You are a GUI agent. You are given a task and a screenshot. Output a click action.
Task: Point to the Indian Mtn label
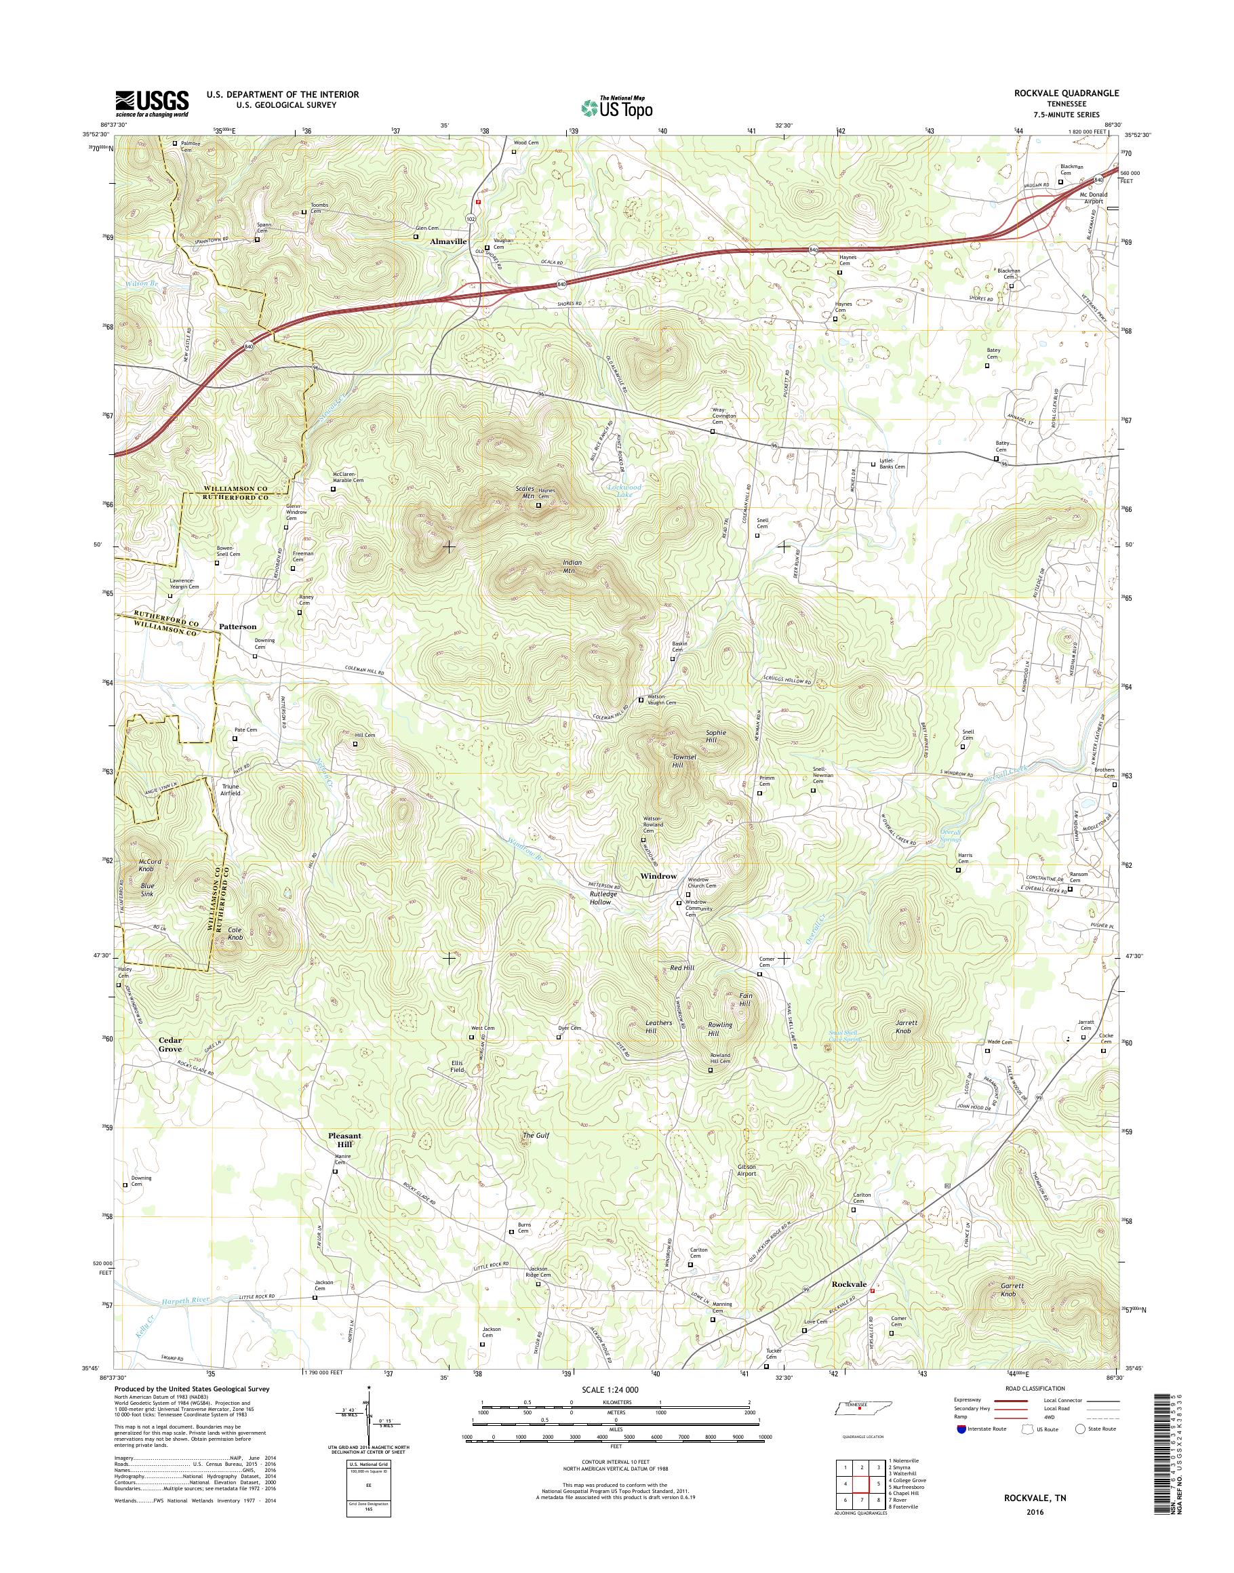coord(572,565)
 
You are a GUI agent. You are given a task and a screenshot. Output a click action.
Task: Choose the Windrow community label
coord(658,876)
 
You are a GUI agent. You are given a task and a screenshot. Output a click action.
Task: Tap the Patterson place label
coord(238,626)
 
